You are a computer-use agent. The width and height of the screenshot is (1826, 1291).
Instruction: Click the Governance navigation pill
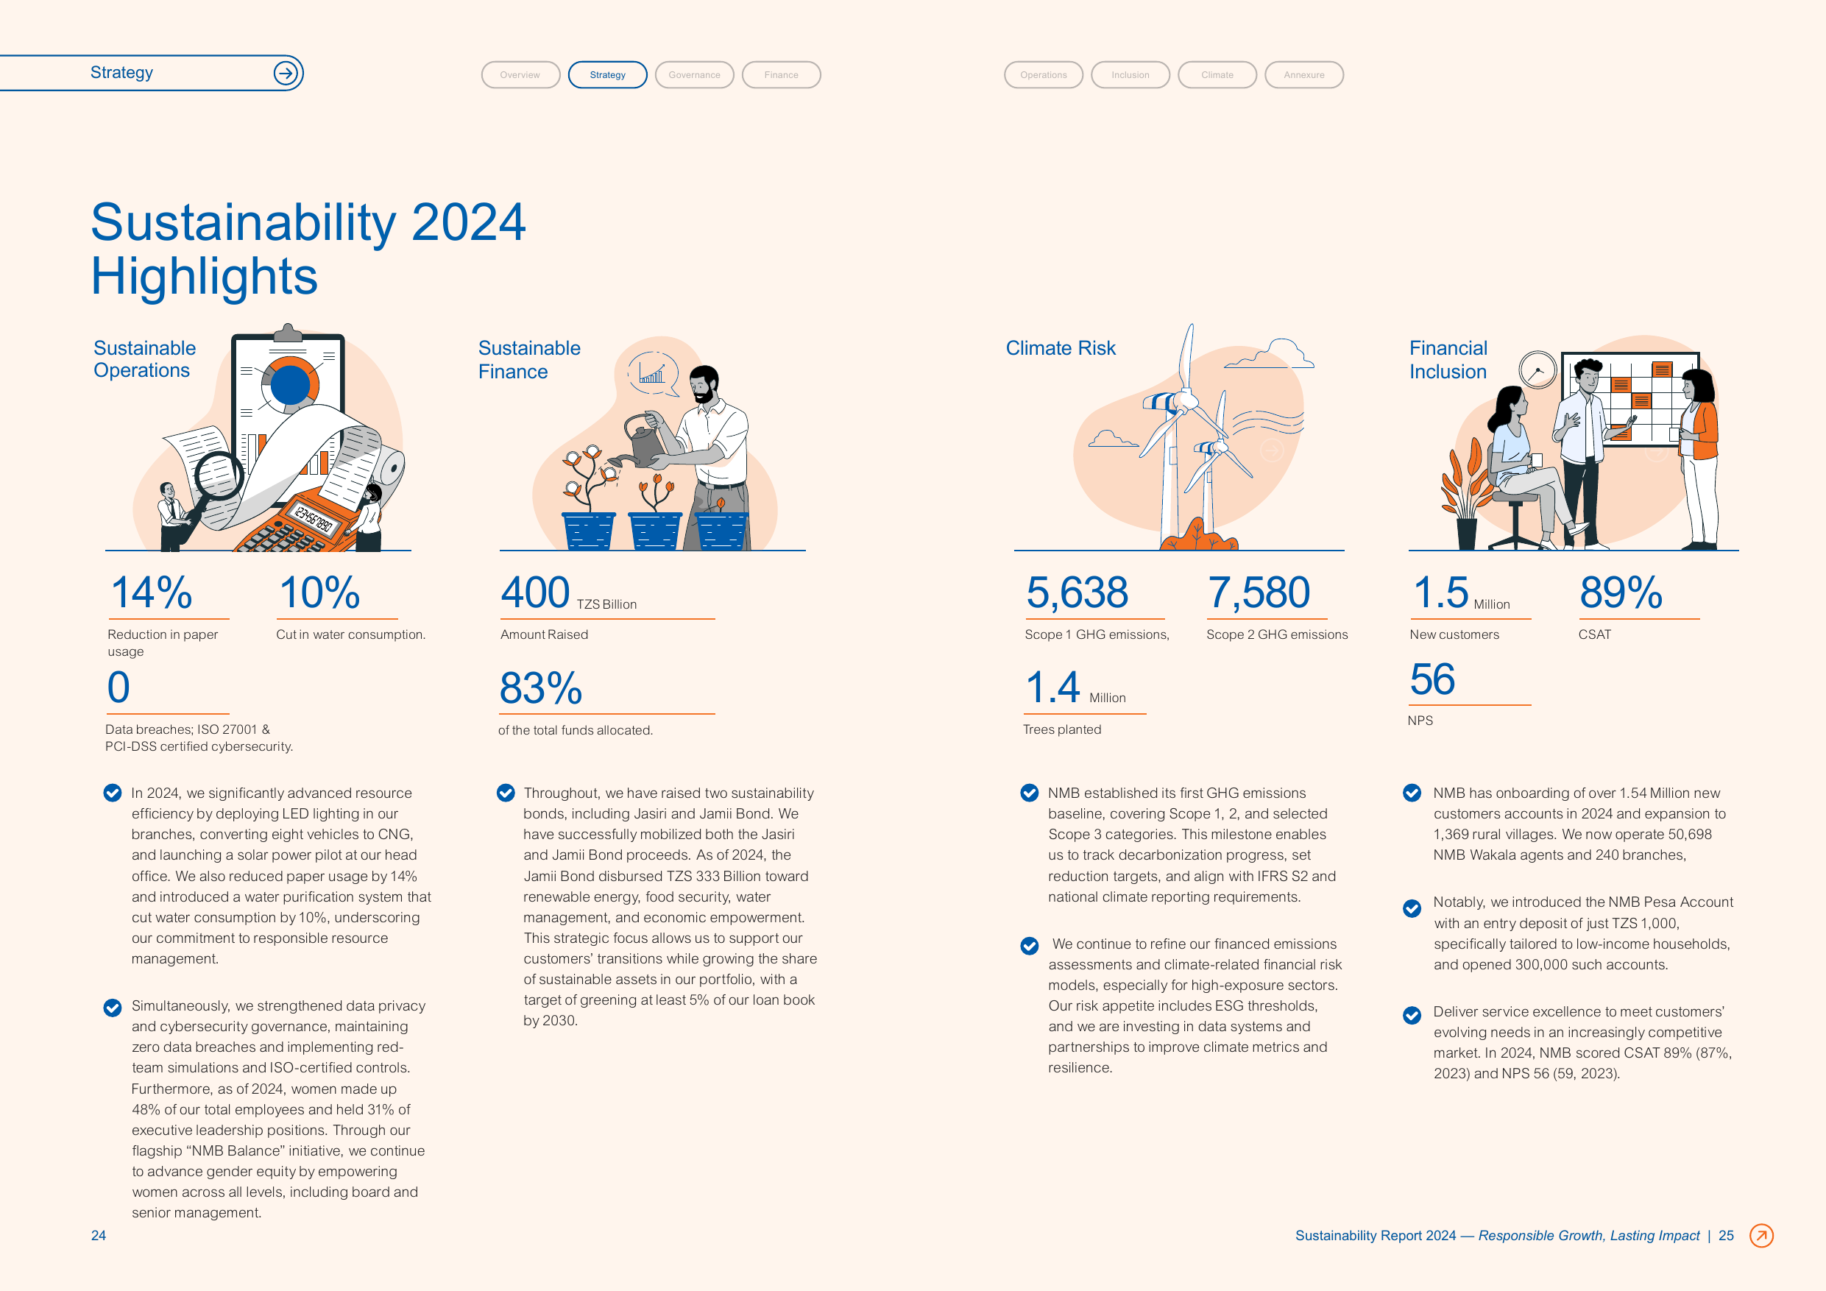pyautogui.click(x=694, y=75)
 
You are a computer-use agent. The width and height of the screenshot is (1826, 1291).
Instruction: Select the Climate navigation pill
pyautogui.click(x=1217, y=75)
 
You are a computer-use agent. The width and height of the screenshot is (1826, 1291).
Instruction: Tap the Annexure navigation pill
pyautogui.click(x=1303, y=75)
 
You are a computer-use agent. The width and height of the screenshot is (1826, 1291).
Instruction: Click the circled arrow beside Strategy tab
pyautogui.click(x=286, y=73)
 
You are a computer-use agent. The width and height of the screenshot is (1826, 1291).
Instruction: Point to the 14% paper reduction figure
pyautogui.click(x=152, y=593)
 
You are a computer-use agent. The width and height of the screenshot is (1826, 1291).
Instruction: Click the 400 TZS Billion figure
pyautogui.click(x=569, y=593)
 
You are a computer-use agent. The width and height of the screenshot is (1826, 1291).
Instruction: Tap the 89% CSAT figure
pyautogui.click(x=1621, y=593)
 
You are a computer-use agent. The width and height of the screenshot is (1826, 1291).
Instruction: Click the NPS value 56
pyautogui.click(x=1432, y=679)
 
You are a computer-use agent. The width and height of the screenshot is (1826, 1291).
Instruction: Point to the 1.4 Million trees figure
pyautogui.click(x=1075, y=687)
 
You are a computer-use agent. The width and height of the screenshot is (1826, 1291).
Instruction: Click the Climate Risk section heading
pyautogui.click(x=1060, y=348)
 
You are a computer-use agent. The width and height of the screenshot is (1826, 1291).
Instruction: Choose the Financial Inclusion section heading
pyautogui.click(x=1448, y=359)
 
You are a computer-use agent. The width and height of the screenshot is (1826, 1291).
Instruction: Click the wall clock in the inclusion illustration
pyautogui.click(x=1537, y=370)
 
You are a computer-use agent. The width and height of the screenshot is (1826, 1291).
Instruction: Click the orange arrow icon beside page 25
pyautogui.click(x=1761, y=1235)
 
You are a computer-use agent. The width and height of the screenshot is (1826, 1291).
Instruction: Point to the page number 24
pyautogui.click(x=99, y=1235)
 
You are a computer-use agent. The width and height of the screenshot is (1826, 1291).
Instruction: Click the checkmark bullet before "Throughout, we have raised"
pyautogui.click(x=506, y=793)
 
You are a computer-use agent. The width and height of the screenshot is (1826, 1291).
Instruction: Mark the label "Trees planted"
pyautogui.click(x=1062, y=729)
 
